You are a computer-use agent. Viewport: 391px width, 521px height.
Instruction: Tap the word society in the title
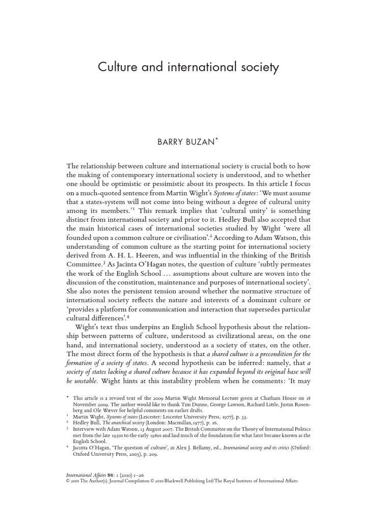point(256,67)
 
